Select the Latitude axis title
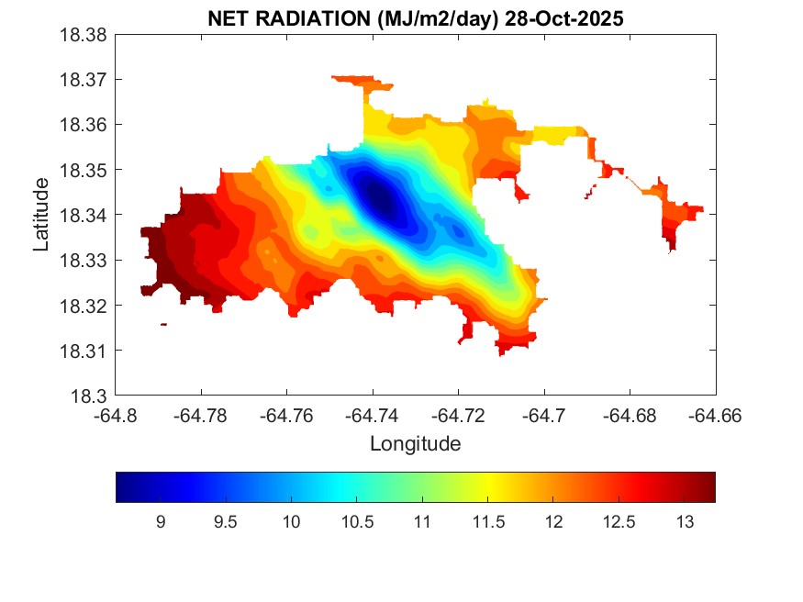(x=41, y=216)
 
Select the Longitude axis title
(x=415, y=444)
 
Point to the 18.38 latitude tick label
(x=84, y=35)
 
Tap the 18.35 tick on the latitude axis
(x=84, y=171)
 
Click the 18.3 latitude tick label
(x=92, y=396)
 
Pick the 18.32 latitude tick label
(x=84, y=306)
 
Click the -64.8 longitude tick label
(x=116, y=416)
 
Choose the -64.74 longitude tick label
(x=373, y=416)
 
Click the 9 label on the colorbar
(x=161, y=523)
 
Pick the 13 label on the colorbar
(x=685, y=523)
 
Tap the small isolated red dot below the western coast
(x=163, y=324)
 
